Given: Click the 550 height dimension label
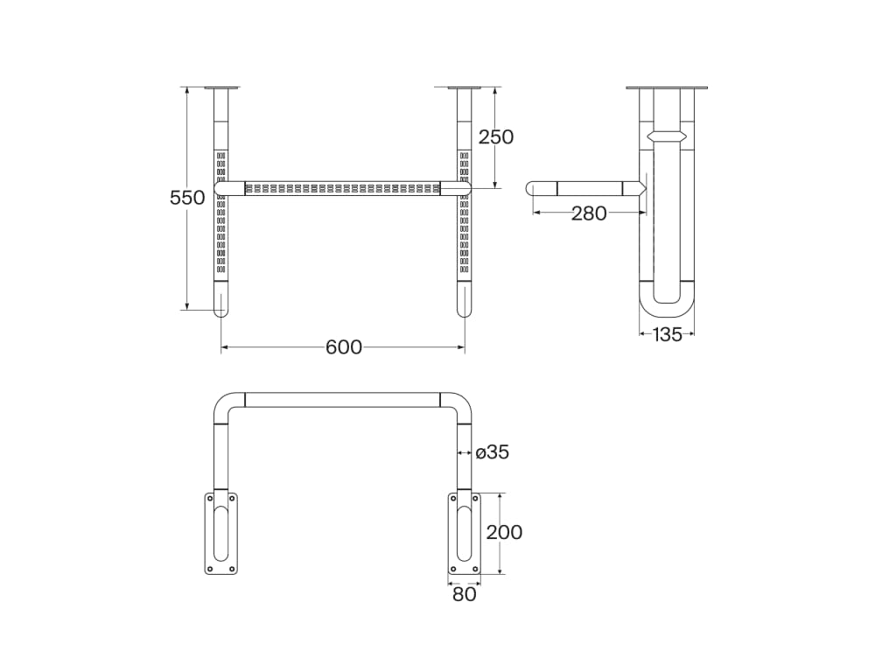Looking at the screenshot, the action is (x=187, y=198).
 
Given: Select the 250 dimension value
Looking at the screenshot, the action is (x=496, y=137).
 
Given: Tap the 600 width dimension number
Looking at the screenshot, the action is (x=343, y=347).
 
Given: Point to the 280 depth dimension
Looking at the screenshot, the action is (x=589, y=213).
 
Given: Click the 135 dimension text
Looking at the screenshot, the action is (x=667, y=335).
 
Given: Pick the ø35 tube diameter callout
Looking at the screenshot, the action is (x=492, y=452).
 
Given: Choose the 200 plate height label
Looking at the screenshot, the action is (x=504, y=533).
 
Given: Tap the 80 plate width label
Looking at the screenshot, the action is (x=464, y=595).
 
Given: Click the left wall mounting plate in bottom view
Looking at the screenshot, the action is (x=220, y=533).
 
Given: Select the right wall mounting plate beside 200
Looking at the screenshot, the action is (x=464, y=533).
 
